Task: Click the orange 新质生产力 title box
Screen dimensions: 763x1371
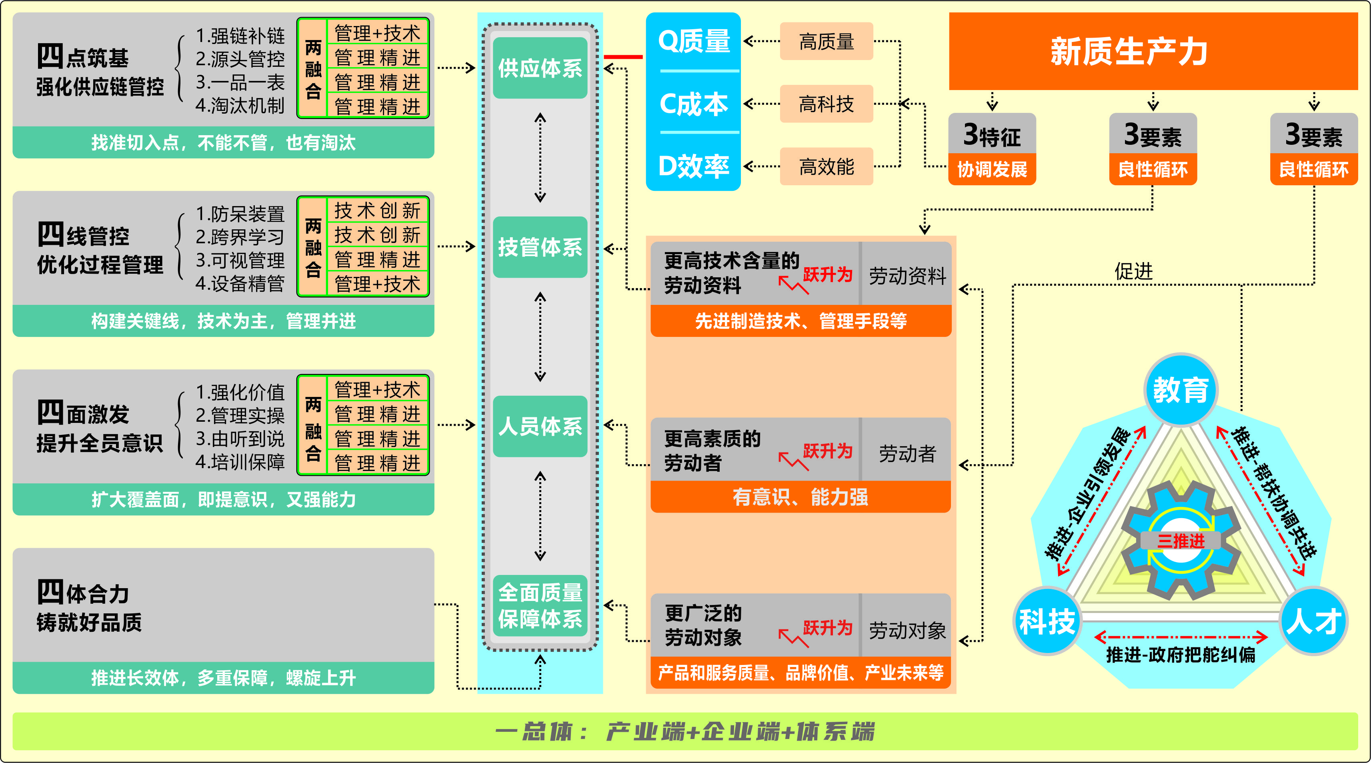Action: click(1153, 51)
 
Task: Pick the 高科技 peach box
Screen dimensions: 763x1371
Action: click(826, 104)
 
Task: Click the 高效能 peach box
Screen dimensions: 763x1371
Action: click(826, 167)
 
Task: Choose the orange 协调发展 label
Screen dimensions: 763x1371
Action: click(991, 169)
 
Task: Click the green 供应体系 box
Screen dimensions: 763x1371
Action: click(540, 68)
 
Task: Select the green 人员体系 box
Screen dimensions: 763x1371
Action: click(540, 426)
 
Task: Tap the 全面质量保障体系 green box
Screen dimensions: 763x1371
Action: click(540, 605)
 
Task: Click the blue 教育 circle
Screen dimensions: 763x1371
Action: click(1181, 390)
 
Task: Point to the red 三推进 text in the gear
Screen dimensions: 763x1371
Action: click(1181, 541)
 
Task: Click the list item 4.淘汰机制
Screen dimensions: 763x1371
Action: click(240, 105)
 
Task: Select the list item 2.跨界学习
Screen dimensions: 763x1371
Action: click(240, 237)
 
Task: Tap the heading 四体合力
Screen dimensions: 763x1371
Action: click(83, 592)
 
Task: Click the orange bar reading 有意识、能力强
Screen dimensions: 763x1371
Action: click(800, 497)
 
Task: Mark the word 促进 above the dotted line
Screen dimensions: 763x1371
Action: click(1134, 271)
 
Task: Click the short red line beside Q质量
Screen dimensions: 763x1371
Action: click(623, 56)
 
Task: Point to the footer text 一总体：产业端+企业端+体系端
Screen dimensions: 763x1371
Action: click(685, 731)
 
